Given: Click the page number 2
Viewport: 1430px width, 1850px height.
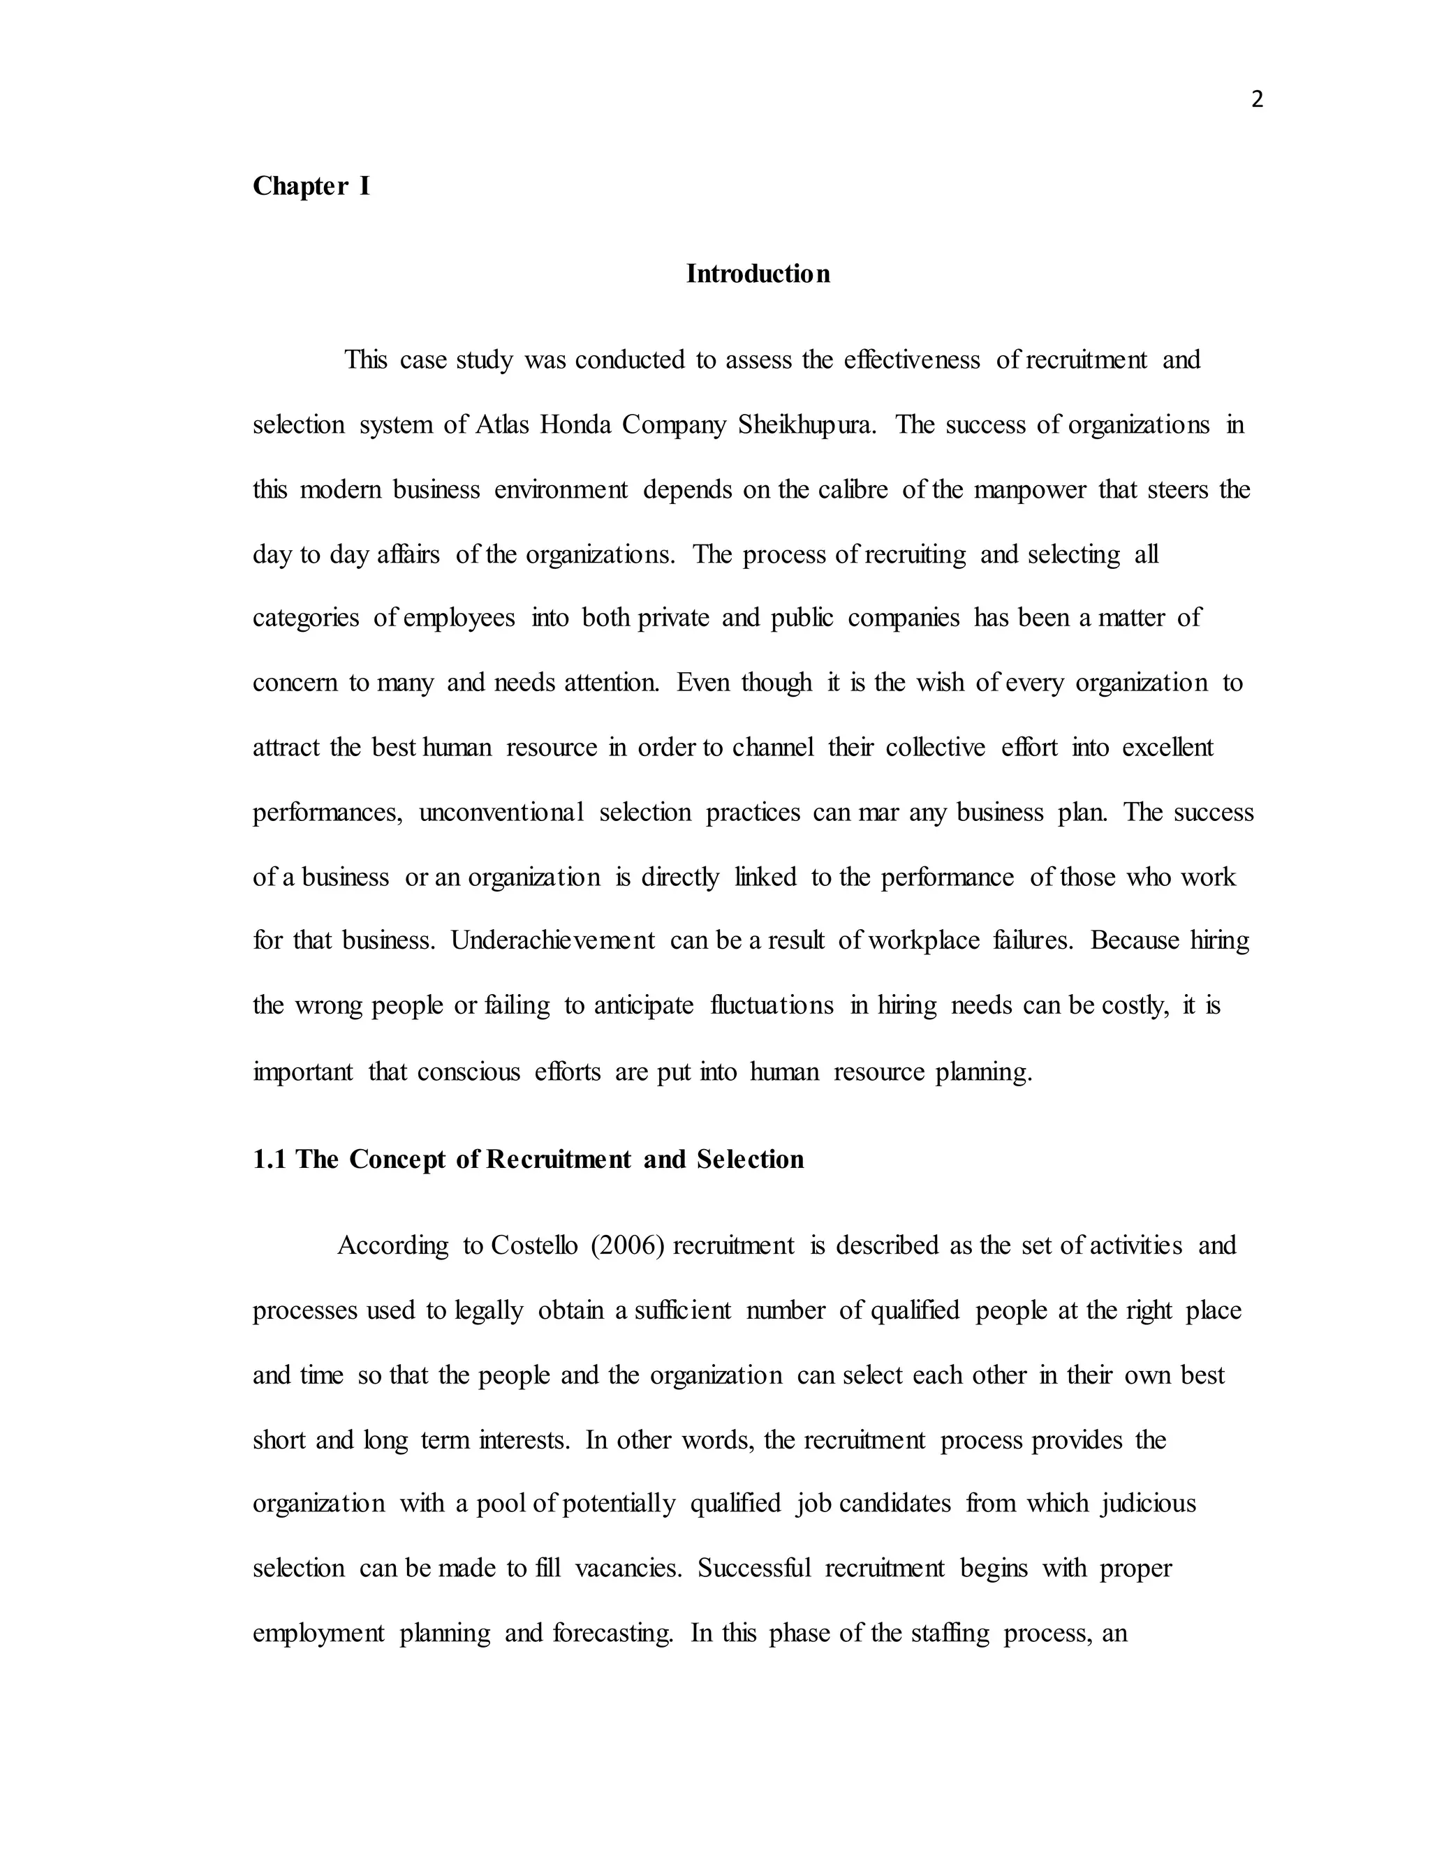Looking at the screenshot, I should [x=1256, y=100].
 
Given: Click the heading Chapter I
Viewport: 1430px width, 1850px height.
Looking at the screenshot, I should [x=311, y=186].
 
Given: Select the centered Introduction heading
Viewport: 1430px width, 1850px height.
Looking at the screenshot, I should [x=758, y=274].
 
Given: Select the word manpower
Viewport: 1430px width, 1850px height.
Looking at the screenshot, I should [x=1029, y=489].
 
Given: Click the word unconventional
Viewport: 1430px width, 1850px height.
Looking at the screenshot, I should [x=501, y=813].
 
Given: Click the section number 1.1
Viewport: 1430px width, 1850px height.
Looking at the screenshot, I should [x=270, y=1159].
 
